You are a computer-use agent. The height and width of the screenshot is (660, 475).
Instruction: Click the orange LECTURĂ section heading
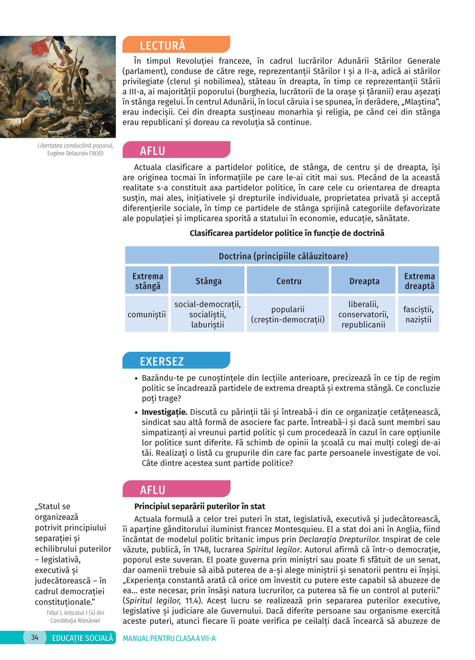pos(162,46)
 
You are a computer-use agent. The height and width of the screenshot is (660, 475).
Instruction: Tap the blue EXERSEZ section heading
pos(161,361)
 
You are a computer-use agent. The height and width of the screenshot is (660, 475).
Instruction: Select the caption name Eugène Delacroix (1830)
pos(75,153)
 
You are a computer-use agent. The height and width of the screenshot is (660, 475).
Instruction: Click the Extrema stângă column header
pos(148,281)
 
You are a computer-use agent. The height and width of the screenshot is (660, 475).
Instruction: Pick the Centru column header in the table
pos(289,281)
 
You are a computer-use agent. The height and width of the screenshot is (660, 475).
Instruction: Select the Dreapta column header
pos(364,281)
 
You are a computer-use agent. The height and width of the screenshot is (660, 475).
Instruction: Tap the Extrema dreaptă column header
pos(419,281)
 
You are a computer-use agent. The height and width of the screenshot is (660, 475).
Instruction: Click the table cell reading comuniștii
pos(147,314)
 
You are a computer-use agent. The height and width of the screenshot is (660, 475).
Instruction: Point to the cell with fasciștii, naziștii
pos(418,314)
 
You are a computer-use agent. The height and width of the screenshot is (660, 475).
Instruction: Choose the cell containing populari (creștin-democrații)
pos(288,314)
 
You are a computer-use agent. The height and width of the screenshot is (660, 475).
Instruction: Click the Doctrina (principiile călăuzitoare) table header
pos(283,256)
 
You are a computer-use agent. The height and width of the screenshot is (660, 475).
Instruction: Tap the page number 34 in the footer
pos(35,638)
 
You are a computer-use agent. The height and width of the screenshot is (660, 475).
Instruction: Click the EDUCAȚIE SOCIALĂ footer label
pos(83,638)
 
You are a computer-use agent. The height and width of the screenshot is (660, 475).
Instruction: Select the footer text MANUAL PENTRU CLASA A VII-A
pos(169,638)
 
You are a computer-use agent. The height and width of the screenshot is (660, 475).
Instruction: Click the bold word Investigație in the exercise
pos(164,412)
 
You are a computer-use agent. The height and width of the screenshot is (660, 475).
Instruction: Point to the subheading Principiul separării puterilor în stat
pos(199,506)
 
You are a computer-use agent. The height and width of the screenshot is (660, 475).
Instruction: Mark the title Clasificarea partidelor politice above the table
pos(287,233)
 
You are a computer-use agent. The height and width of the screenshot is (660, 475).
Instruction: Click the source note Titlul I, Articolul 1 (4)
pos(75,613)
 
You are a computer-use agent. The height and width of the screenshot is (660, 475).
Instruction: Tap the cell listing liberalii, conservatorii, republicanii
pos(363,314)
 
